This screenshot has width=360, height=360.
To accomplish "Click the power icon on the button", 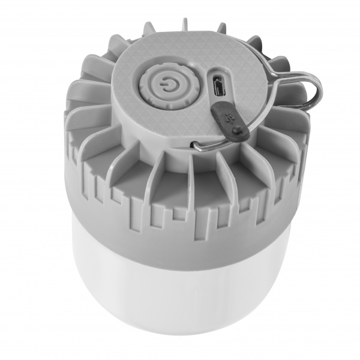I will pos(164,88).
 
